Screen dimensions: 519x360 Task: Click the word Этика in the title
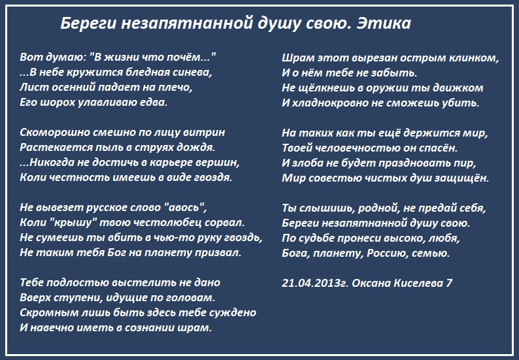(384, 24)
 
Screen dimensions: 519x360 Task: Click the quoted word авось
(184, 207)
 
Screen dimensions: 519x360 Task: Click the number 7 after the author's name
(449, 284)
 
